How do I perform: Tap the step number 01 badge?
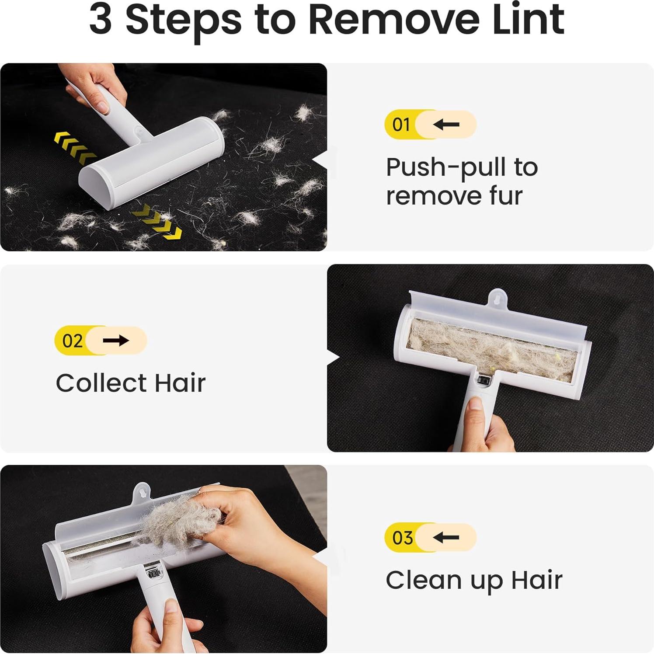401,125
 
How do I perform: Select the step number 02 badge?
72,341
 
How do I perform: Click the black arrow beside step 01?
446,125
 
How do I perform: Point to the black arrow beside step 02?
116,341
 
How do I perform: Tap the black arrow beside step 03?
446,537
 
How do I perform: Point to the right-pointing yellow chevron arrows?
157,222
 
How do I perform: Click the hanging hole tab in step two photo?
497,298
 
